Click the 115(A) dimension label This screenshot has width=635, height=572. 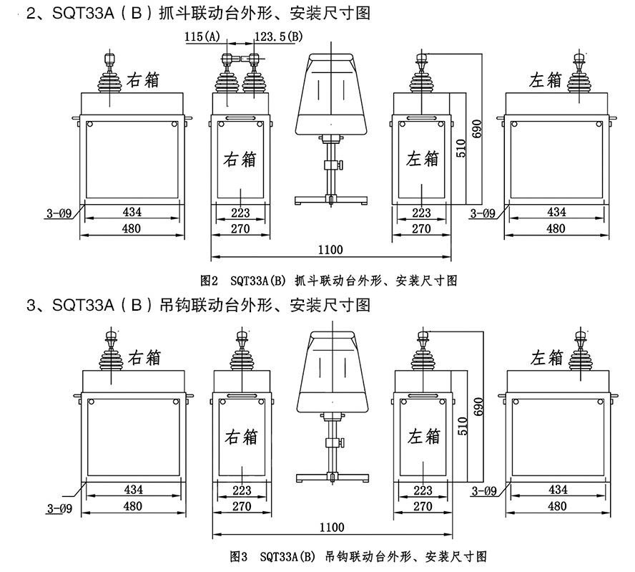pyautogui.click(x=202, y=37)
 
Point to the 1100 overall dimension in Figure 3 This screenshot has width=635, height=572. pyautogui.click(x=332, y=528)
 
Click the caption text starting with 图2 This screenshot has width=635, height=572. pyautogui.click(x=328, y=280)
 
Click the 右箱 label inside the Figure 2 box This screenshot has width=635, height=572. pyautogui.click(x=241, y=158)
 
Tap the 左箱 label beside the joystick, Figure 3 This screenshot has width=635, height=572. pyautogui.click(x=547, y=357)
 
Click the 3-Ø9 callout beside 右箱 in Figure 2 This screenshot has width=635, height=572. pyautogui.click(x=58, y=213)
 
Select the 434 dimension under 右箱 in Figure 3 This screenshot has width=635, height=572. pyautogui.click(x=132, y=490)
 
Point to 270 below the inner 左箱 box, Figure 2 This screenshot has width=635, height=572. pyautogui.click(x=422, y=229)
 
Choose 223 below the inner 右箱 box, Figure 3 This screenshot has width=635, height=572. pyautogui.click(x=242, y=490)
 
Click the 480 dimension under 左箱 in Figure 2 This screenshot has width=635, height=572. pyautogui.click(x=556, y=229)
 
